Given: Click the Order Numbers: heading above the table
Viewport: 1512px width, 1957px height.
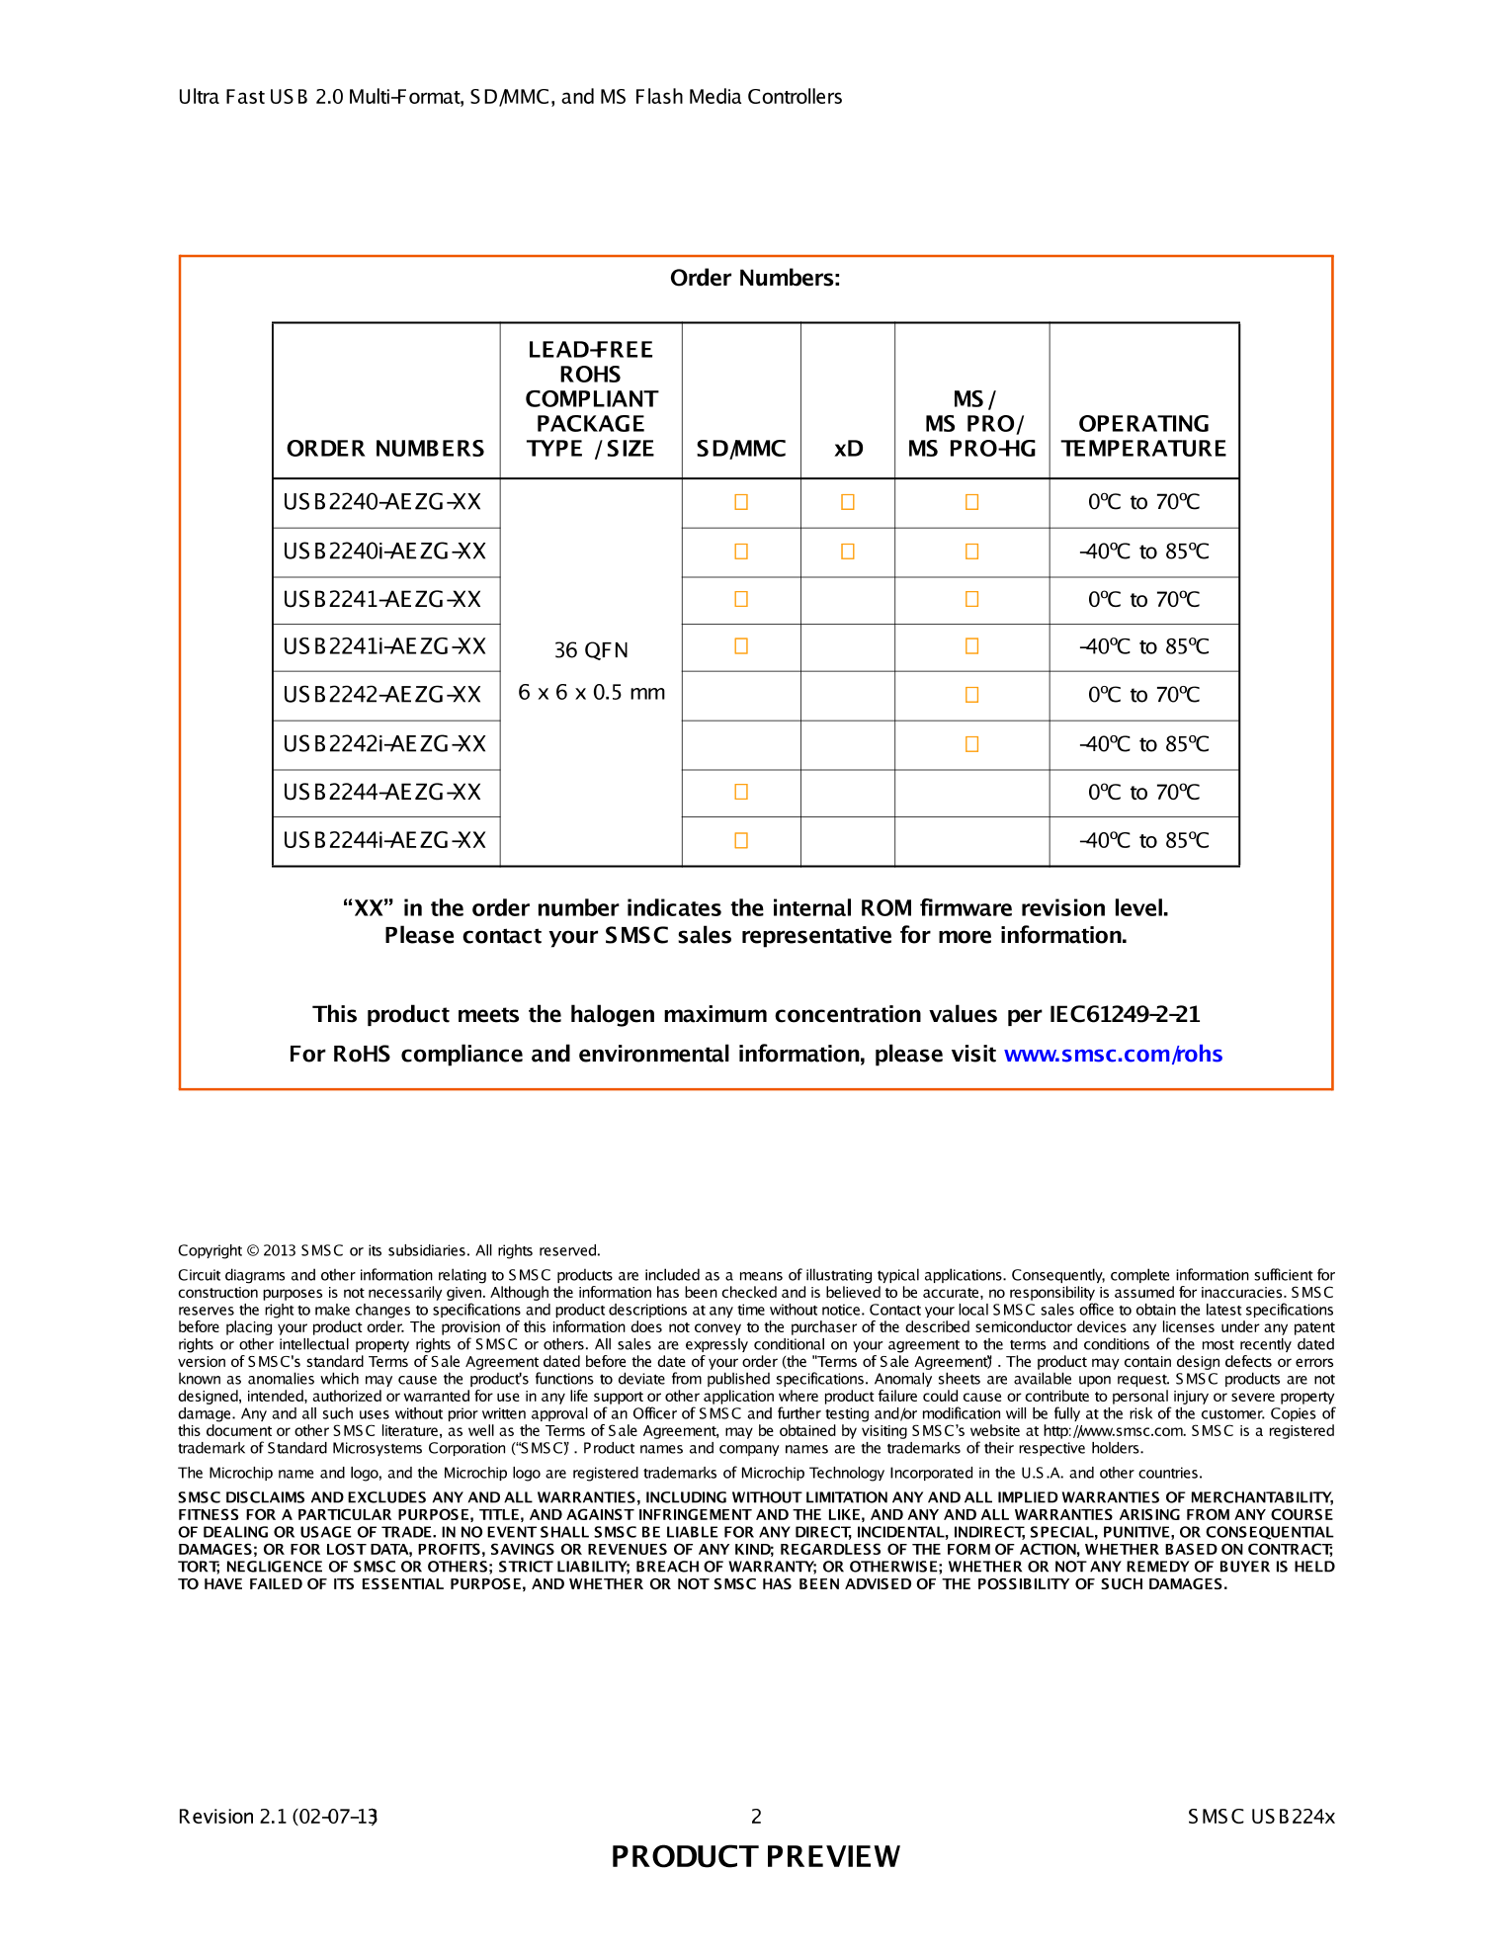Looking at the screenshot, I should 755,278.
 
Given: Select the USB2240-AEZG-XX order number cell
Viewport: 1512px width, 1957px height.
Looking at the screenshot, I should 382,502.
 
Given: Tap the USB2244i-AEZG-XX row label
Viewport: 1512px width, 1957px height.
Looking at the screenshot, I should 384,840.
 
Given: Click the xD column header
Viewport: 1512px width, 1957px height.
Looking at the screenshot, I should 848,449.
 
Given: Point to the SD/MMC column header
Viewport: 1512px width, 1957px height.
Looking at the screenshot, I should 741,449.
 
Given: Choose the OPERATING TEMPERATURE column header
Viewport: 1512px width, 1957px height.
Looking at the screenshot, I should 1143,436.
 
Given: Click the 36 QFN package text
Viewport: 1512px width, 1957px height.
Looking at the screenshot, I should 591,649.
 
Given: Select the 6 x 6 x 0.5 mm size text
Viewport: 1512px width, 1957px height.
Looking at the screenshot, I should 591,692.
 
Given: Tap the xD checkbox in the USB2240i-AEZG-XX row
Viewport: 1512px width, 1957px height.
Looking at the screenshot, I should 848,552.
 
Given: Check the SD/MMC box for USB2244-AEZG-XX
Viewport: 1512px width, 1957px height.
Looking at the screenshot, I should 741,792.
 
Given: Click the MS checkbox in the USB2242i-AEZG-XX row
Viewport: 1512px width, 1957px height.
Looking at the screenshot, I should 972,744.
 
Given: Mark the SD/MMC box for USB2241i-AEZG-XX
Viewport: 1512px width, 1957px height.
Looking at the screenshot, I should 741,646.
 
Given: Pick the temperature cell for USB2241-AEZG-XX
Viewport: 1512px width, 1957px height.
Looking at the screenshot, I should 1143,600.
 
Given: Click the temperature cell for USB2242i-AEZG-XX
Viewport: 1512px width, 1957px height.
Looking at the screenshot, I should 1143,744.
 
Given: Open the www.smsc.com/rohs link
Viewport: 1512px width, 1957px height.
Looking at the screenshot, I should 1113,1054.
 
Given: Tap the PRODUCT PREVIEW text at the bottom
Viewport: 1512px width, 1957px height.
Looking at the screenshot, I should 755,1856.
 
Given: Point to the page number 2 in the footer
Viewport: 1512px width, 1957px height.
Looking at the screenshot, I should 756,1816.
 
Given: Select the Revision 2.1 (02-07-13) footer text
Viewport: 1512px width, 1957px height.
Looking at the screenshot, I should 278,1816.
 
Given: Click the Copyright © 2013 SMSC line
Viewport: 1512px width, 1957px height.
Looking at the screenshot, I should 388,1250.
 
